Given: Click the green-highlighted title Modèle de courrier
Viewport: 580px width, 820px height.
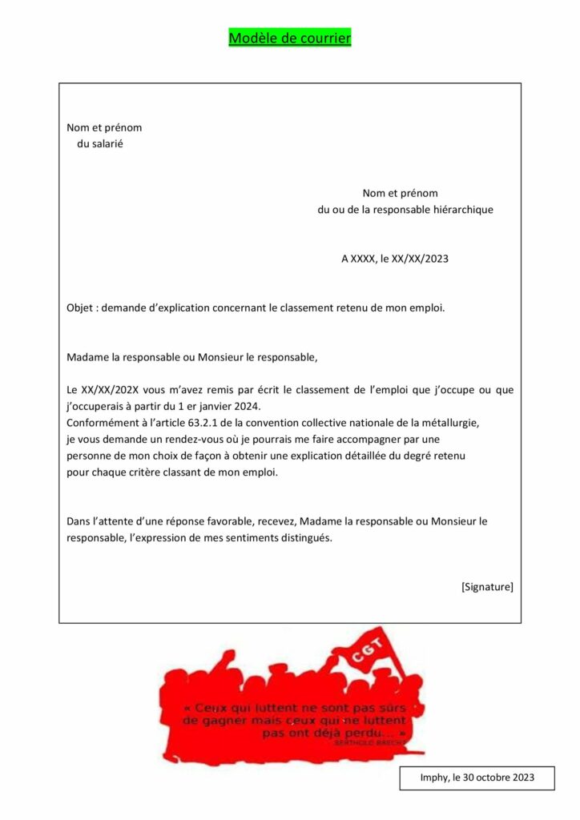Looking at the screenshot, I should pos(289,38).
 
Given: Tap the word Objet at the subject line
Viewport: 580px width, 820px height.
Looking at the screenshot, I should pos(80,307).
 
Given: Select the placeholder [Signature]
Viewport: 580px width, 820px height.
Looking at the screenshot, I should pos(487,587).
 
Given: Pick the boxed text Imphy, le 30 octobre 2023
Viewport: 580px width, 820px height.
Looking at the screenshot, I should pos(477,778).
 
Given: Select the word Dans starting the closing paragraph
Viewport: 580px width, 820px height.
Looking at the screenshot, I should pos(79,521).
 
